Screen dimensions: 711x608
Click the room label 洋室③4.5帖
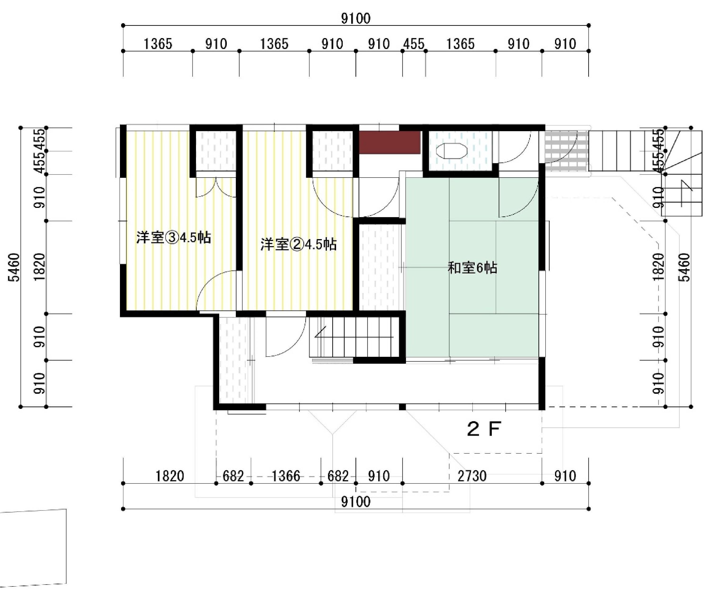(x=174, y=237)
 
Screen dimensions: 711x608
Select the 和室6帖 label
(x=473, y=268)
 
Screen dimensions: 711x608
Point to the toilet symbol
(x=451, y=151)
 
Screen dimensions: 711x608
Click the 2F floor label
(x=484, y=429)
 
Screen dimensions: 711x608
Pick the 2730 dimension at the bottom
(x=472, y=476)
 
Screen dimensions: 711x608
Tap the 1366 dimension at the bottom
(x=286, y=476)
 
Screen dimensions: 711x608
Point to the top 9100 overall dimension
(x=356, y=18)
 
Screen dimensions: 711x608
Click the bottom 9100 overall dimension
(x=356, y=502)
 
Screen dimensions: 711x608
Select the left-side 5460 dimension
(x=14, y=267)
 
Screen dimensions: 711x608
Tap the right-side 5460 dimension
(x=685, y=267)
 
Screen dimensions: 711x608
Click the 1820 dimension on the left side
(x=40, y=267)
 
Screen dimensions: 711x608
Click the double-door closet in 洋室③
(x=216, y=187)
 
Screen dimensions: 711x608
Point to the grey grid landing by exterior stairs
(x=566, y=151)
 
